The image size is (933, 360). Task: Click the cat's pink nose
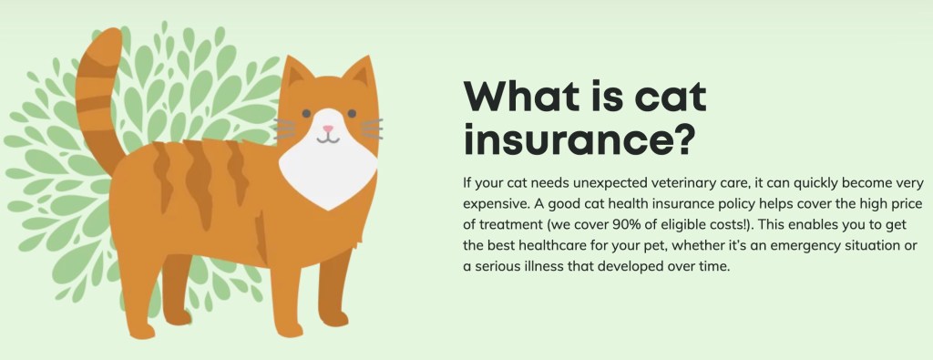(x=328, y=128)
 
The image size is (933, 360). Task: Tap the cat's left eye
(x=306, y=113)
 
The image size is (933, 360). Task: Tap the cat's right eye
(x=352, y=113)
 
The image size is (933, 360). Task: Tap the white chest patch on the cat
(x=328, y=172)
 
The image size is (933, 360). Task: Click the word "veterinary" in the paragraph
(x=644, y=183)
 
